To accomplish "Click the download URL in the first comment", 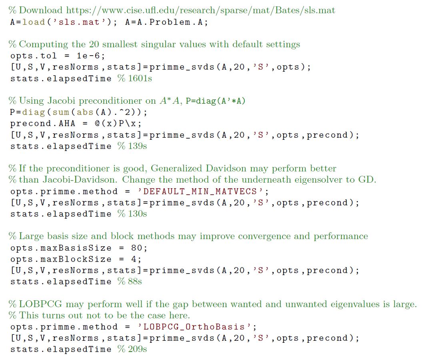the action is [201, 10].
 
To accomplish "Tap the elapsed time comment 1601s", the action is [134, 78].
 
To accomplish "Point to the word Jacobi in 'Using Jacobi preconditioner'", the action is [61, 101].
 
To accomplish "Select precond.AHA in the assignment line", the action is [43, 123].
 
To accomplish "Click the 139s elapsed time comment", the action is [132, 146].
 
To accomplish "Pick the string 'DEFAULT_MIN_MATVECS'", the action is [200, 191].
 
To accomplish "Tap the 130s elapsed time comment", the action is [132, 214].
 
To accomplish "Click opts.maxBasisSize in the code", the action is [61, 248].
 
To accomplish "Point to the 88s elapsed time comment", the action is [130, 282].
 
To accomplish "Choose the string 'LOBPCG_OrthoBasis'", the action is [194, 327].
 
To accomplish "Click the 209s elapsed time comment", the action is [132, 349].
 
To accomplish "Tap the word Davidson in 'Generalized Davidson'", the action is [226, 168].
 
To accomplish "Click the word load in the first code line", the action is [34, 22].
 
